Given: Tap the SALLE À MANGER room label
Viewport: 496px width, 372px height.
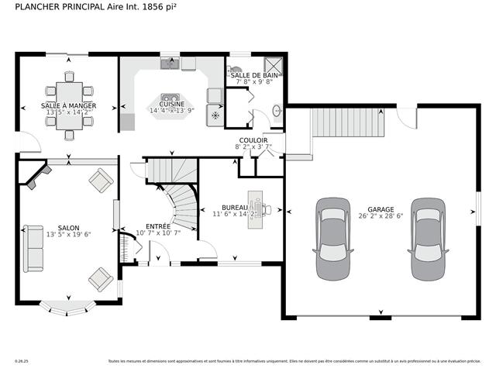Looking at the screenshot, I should [68, 105].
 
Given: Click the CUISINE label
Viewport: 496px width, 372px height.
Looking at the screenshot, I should [171, 104].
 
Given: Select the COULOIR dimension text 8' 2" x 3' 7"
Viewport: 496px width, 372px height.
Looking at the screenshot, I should [253, 146].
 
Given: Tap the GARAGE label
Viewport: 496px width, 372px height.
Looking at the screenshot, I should [380, 209].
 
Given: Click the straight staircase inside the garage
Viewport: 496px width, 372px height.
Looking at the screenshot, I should [348, 122].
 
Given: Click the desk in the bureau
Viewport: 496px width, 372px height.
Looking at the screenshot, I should [255, 208].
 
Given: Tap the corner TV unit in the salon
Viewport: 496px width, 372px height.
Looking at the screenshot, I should [33, 176].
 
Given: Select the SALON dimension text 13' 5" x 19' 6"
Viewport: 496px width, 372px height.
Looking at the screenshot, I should [68, 234].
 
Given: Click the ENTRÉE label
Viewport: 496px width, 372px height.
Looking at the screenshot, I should [158, 225].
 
